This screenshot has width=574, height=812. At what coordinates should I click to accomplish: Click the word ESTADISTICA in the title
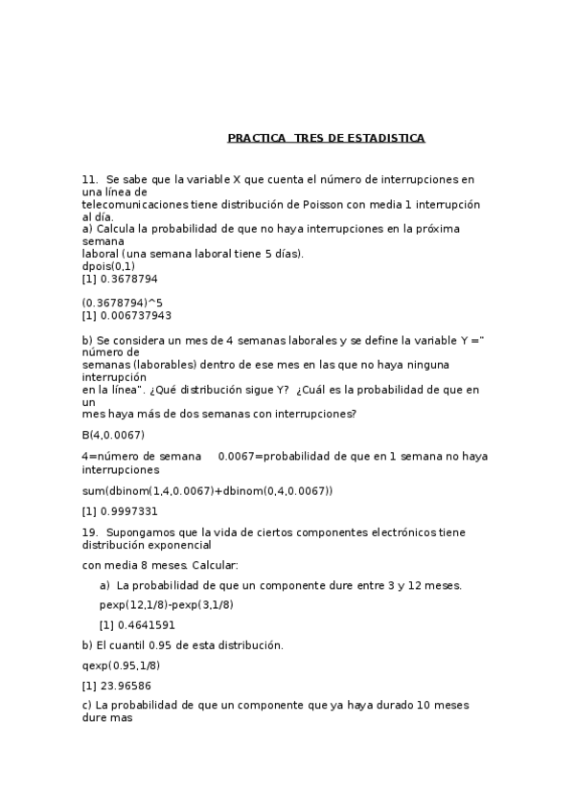387,138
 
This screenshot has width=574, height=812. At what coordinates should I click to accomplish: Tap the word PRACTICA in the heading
256,138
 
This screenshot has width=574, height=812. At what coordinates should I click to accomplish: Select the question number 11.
90,179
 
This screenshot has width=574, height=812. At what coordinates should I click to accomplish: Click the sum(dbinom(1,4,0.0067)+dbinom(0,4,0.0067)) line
208,490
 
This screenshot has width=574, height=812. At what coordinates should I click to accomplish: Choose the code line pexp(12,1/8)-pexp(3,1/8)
167,604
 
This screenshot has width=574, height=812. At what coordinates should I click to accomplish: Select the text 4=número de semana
142,456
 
